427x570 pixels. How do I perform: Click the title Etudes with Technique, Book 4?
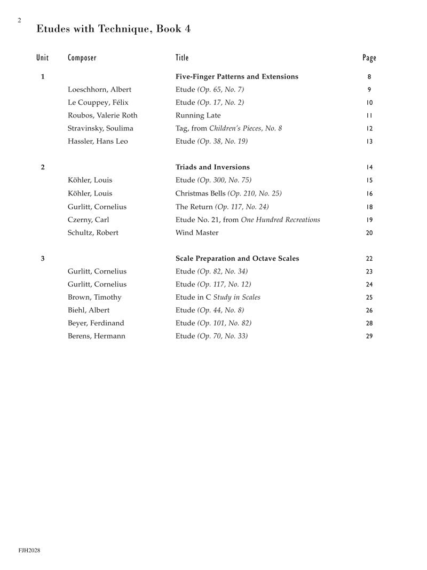(113, 29)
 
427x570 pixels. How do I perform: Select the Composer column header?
(82, 58)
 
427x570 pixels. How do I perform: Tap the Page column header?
(369, 58)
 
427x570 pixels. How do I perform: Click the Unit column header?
(42, 58)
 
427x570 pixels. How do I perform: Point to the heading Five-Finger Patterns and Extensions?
(236, 77)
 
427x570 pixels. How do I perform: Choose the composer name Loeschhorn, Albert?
(99, 90)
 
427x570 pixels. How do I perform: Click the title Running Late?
(198, 115)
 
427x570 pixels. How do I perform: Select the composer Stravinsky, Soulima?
(100, 128)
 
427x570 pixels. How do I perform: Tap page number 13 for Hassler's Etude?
(369, 142)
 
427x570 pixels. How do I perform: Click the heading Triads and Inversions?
(212, 167)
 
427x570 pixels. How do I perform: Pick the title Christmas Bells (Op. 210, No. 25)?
(228, 193)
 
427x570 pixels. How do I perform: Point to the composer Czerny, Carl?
(89, 220)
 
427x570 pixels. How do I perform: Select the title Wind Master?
(197, 233)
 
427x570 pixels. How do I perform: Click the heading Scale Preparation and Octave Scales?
(237, 259)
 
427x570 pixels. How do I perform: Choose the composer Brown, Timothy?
(94, 298)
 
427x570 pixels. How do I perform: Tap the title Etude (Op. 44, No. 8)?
(210, 310)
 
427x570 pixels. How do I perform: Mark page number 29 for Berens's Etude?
(369, 337)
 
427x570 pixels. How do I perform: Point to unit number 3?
(43, 259)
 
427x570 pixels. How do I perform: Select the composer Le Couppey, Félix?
(98, 103)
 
